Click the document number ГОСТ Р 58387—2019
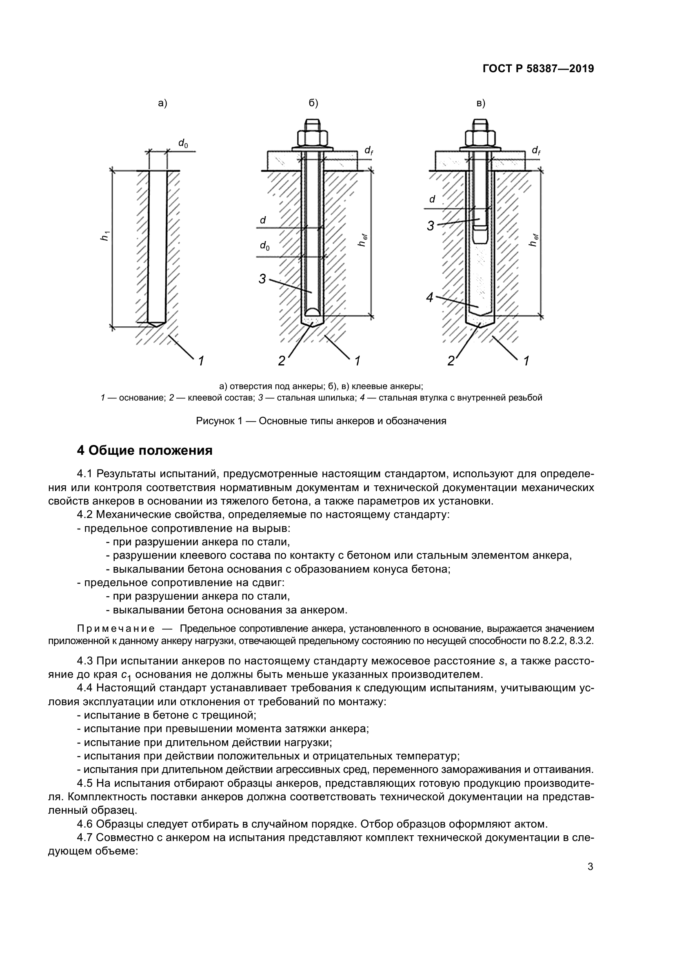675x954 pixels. click(x=538, y=69)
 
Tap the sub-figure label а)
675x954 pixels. click(x=162, y=104)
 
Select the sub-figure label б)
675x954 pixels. click(x=313, y=104)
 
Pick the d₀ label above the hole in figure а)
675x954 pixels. click(x=183, y=143)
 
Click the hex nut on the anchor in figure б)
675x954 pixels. click(x=313, y=137)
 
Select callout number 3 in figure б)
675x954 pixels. click(x=263, y=279)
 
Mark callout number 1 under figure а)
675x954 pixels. click(x=201, y=361)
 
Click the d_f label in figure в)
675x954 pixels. click(x=536, y=151)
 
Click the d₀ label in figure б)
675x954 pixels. click(x=264, y=246)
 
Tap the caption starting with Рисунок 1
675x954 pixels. click(x=321, y=421)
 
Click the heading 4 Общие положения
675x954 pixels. click(x=145, y=450)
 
